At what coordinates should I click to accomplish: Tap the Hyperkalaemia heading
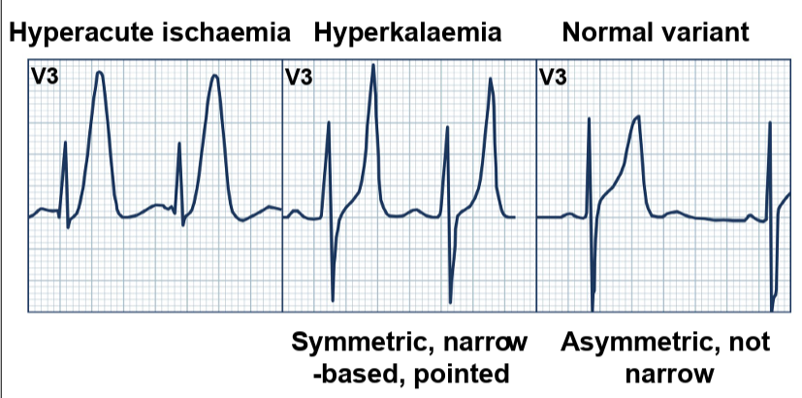click(x=408, y=33)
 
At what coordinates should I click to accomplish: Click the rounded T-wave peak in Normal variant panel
click(x=637, y=117)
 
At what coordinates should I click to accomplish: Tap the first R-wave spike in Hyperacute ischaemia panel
click(x=65, y=143)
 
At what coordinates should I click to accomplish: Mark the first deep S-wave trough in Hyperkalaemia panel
click(x=333, y=298)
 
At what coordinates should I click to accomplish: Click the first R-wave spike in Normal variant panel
click(x=589, y=118)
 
